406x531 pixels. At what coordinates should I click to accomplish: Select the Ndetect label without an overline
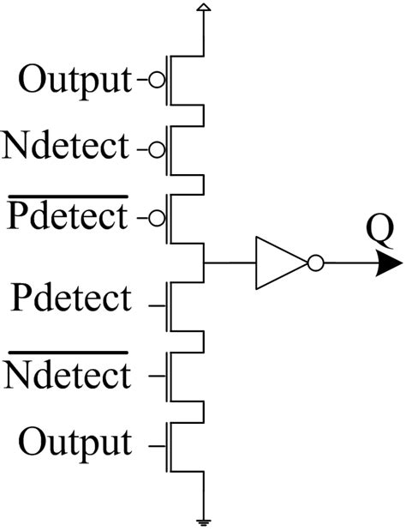(x=65, y=148)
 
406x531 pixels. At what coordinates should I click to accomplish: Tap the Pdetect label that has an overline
(x=67, y=217)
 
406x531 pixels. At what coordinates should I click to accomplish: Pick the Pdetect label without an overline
(x=72, y=299)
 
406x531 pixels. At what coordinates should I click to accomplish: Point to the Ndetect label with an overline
(x=67, y=375)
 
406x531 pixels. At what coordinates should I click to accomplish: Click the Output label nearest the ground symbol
(x=75, y=443)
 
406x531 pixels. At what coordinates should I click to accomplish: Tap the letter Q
(x=374, y=231)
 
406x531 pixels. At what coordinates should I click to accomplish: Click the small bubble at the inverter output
(x=315, y=263)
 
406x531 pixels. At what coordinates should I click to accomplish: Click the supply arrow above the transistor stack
(x=203, y=8)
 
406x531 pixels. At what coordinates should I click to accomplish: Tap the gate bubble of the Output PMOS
(x=156, y=81)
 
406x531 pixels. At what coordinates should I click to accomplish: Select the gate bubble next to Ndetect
(x=156, y=149)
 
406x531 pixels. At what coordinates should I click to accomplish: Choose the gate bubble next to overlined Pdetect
(x=156, y=218)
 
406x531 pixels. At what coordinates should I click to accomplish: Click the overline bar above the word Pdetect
(x=67, y=197)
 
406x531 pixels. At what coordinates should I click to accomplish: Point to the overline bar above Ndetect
(x=67, y=353)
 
